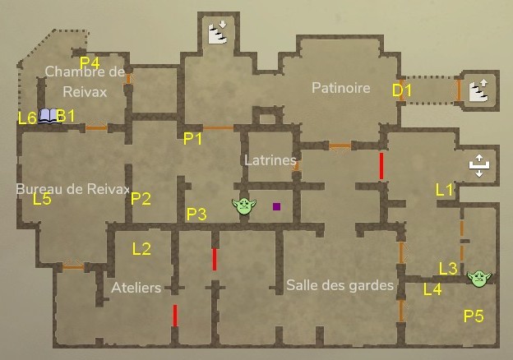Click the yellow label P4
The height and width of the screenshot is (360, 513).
90,62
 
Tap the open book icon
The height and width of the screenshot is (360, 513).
49,116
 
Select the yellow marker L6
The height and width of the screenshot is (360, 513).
27,118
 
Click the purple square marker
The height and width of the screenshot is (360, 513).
277,206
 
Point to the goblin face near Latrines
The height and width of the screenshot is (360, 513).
243,206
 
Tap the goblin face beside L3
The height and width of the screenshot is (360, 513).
478,279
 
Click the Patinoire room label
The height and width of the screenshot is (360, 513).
340,88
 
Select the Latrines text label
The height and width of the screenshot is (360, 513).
270,159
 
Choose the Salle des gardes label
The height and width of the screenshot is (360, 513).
340,285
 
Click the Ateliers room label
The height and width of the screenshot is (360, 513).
136,288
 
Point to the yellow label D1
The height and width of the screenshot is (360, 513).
401,90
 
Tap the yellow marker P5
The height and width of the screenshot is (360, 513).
474,315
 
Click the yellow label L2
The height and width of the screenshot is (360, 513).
141,248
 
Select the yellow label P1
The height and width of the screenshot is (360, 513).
193,139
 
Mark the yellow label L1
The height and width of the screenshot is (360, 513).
445,190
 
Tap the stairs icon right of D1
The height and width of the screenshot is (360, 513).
478,90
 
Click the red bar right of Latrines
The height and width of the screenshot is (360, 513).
381,165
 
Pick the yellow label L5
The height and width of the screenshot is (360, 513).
42,199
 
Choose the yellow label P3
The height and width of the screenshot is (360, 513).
196,215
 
